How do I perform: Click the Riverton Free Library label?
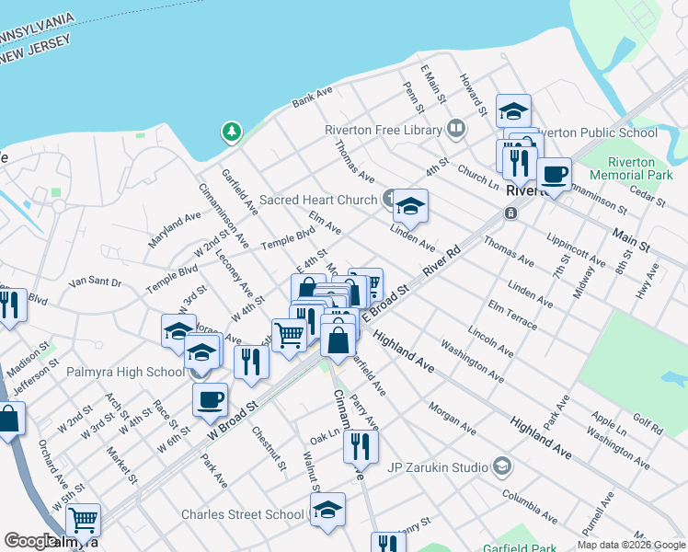[x=383, y=130]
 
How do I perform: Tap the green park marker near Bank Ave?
[x=230, y=133]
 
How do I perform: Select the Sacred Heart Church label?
[x=318, y=200]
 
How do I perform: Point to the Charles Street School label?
[x=242, y=515]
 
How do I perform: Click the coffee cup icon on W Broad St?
[x=211, y=398]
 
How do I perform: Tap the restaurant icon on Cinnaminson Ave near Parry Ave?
[x=361, y=446]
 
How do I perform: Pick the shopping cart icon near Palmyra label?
[x=84, y=520]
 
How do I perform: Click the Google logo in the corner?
[x=29, y=541]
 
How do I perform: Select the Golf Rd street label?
[x=648, y=425]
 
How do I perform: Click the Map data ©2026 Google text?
[x=631, y=545]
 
